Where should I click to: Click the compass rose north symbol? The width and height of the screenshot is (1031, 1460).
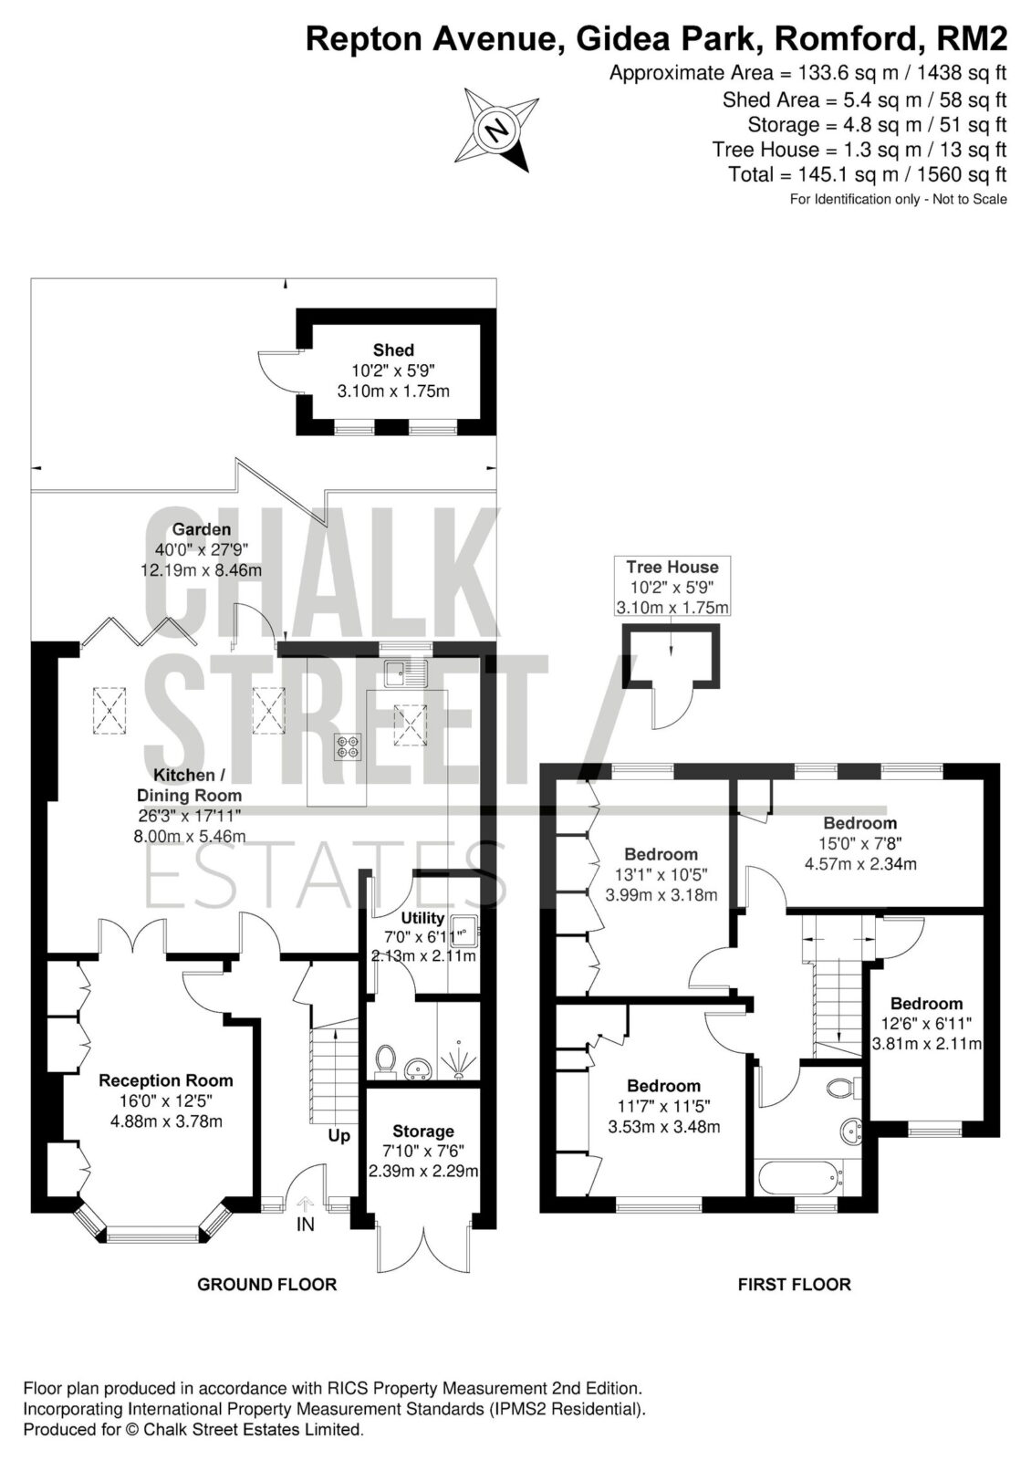point(497,129)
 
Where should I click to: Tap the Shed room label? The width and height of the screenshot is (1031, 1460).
point(393,350)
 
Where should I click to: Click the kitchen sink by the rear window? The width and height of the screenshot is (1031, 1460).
point(404,674)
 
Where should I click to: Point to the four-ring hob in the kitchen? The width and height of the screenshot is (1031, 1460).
point(349,747)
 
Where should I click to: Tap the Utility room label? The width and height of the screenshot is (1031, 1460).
point(422,918)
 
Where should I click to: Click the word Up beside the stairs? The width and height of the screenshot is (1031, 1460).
point(338,1135)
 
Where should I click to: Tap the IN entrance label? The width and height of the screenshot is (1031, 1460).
point(305,1225)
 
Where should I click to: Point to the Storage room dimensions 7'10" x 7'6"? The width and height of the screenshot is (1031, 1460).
point(423,1150)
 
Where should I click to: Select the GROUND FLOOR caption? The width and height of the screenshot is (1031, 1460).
point(266,1284)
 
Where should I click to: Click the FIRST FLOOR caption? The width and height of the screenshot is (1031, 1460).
point(795,1284)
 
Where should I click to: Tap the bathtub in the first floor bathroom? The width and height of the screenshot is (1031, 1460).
point(798,1176)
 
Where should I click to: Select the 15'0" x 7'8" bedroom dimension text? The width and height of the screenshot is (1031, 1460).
point(860,843)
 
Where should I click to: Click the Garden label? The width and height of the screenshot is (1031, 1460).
point(202,529)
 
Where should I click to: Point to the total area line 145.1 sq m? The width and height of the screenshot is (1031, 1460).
point(868,174)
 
